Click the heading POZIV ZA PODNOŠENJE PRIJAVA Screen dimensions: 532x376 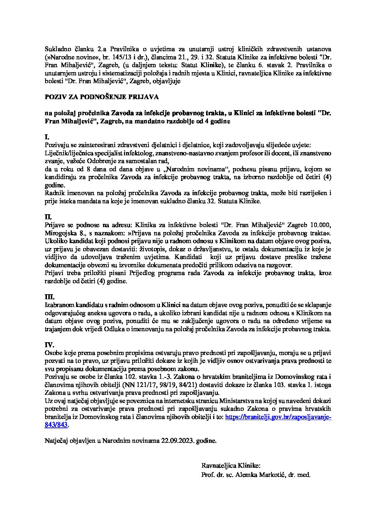click(x=102, y=97)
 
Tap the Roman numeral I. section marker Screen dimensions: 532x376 click(x=47, y=137)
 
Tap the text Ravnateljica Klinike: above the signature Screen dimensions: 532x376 click(x=231, y=466)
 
